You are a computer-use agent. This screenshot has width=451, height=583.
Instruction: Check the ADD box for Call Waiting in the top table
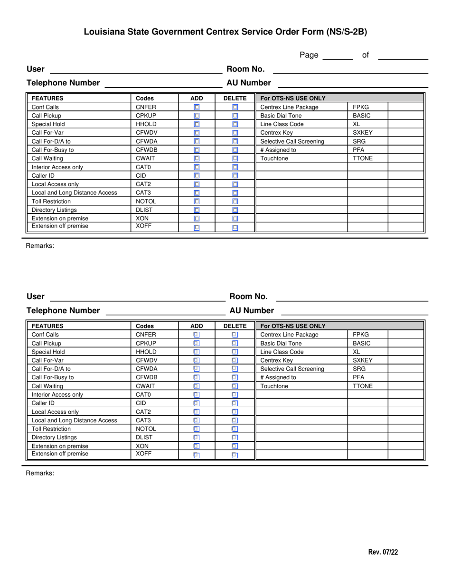[x=197, y=158]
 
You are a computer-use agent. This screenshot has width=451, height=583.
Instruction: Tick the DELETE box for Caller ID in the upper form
[x=235, y=175]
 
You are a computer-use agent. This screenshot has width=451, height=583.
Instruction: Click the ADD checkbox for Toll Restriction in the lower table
[x=197, y=429]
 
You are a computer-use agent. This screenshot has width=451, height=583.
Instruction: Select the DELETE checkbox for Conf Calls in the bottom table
[x=235, y=335]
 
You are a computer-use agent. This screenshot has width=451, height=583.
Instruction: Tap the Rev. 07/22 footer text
[x=383, y=552]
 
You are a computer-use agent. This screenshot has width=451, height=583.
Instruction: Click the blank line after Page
[x=338, y=56]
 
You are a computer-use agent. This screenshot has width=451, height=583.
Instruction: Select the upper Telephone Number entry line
[x=163, y=83]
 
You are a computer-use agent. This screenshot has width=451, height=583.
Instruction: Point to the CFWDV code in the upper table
[x=146, y=133]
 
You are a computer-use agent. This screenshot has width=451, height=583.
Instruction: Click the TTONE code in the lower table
[x=363, y=386]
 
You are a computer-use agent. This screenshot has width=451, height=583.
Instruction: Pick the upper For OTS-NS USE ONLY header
[x=293, y=98]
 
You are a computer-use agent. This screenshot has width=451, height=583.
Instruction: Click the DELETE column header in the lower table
[x=235, y=326]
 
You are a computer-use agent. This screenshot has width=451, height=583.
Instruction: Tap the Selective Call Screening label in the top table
[x=292, y=141]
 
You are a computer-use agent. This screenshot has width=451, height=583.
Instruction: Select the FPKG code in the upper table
[x=361, y=107]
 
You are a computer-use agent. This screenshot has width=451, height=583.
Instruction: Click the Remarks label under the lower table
[x=40, y=473]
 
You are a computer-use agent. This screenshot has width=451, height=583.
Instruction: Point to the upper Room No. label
[x=245, y=69]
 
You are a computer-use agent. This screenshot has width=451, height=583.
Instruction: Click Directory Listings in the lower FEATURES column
[x=54, y=437]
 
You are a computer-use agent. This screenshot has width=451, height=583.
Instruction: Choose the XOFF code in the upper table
[x=144, y=226]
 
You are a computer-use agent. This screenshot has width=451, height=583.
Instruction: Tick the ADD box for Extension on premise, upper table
[x=197, y=219]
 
